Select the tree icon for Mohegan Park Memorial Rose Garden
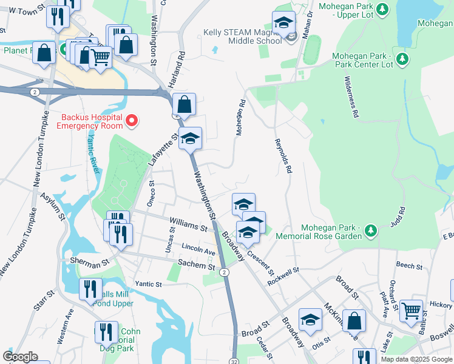coord(370,231)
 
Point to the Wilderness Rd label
coord(351,98)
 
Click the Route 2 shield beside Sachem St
coord(225,272)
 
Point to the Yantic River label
coord(92,154)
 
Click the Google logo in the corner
coord(20,357)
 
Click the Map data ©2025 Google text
coord(416,359)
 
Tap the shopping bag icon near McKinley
coord(354,321)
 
